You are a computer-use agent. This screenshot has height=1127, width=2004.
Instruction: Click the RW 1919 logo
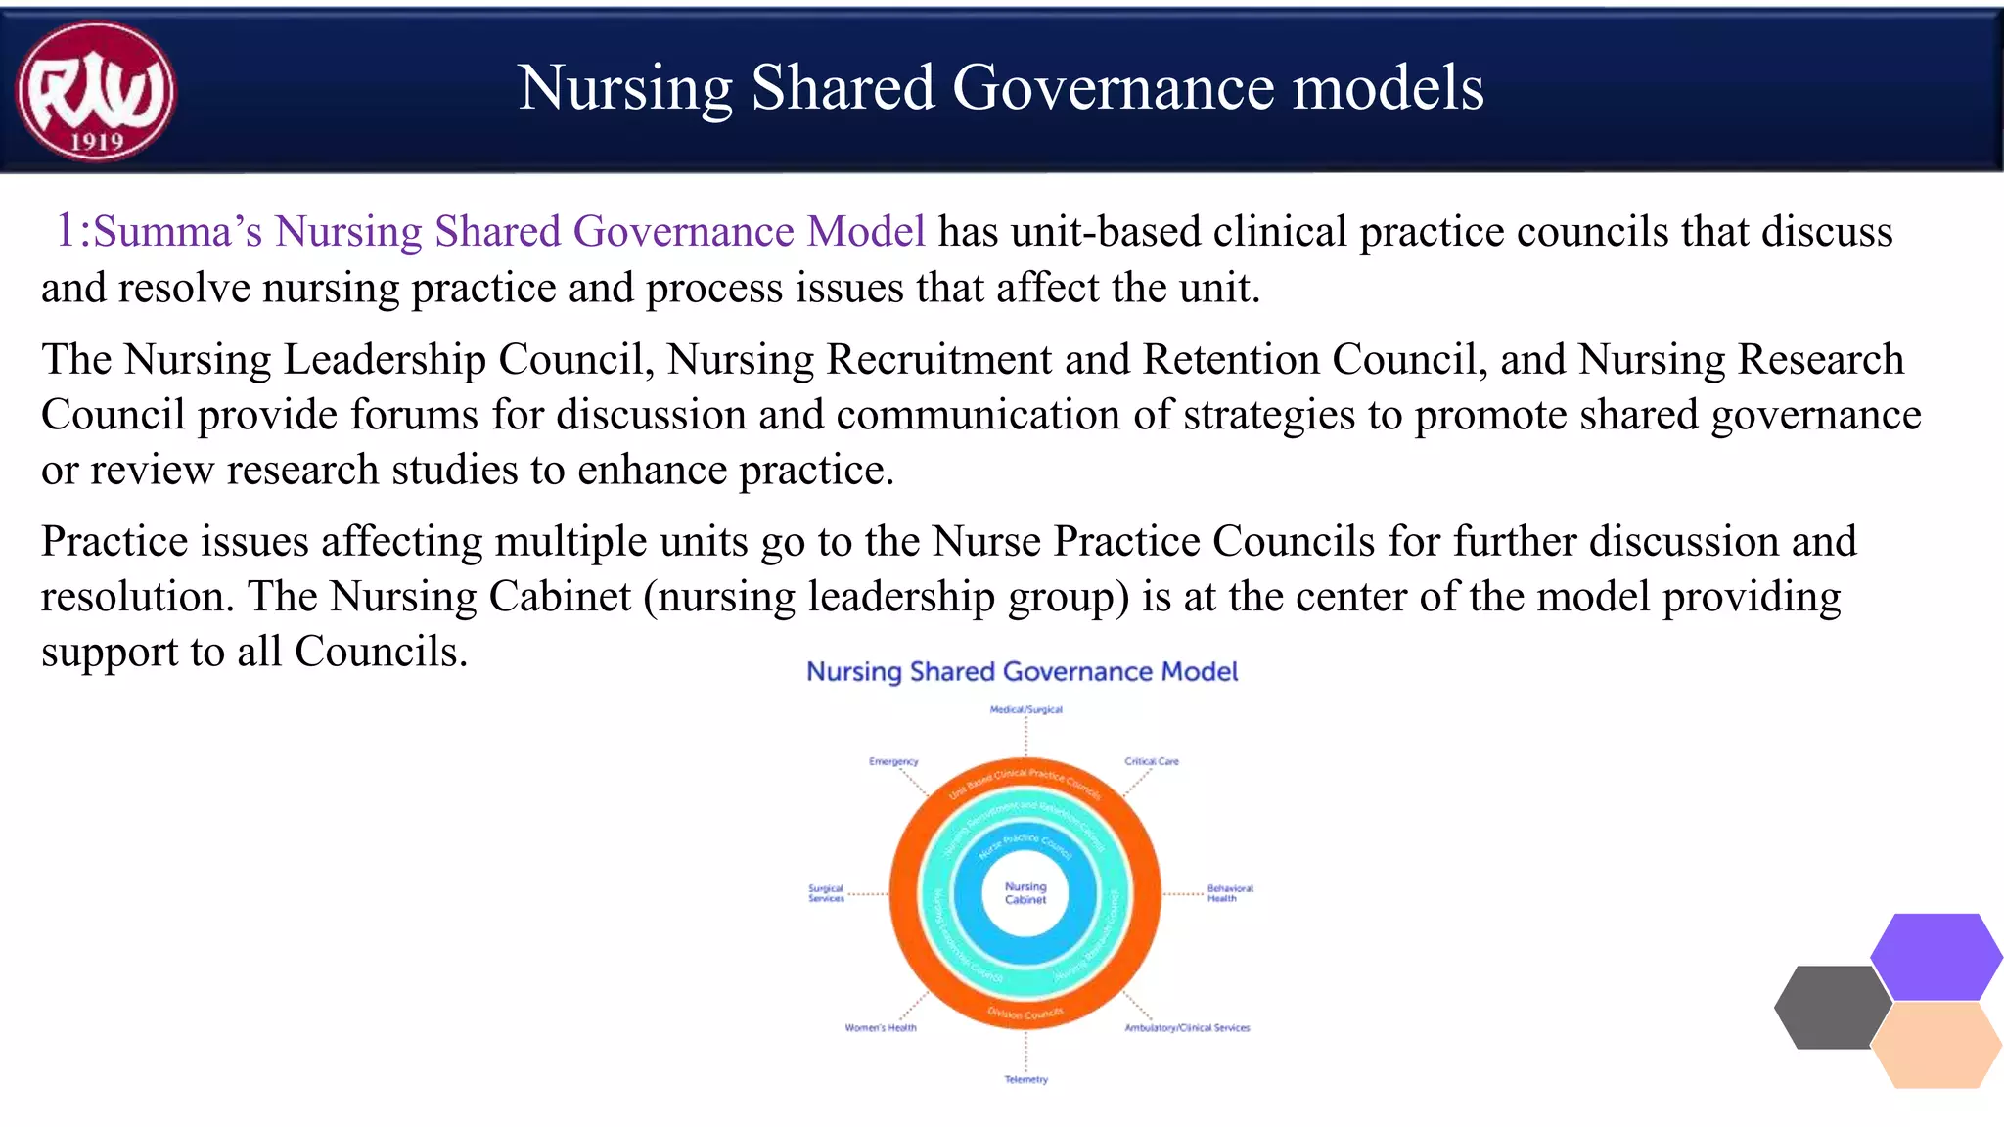(x=95, y=91)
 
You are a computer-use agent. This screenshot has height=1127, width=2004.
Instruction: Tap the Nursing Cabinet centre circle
(x=1025, y=893)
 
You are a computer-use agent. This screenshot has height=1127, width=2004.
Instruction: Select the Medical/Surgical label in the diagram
(x=1025, y=709)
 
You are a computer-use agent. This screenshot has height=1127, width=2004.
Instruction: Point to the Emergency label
(x=893, y=761)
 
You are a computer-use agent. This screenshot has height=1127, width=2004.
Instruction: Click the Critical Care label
(x=1152, y=761)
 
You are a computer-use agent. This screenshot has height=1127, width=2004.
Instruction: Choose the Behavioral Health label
(x=1229, y=893)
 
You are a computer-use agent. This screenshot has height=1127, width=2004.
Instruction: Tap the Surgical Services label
(x=826, y=893)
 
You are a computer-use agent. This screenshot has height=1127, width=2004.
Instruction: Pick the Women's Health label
(x=881, y=1027)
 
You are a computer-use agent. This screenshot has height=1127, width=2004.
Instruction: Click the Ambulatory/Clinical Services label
(x=1187, y=1027)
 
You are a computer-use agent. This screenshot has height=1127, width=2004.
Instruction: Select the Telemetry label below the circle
(x=1025, y=1079)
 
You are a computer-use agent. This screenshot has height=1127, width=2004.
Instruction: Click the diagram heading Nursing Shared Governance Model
(x=1022, y=672)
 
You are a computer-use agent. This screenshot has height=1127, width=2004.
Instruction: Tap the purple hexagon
(x=1936, y=956)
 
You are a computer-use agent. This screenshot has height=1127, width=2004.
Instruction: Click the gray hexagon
(x=1832, y=1008)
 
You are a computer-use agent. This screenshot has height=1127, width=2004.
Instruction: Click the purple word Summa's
(x=177, y=232)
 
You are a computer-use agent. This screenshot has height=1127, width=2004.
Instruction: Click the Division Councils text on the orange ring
(x=1025, y=1014)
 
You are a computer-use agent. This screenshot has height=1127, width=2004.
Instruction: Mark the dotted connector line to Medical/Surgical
(x=1025, y=736)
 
